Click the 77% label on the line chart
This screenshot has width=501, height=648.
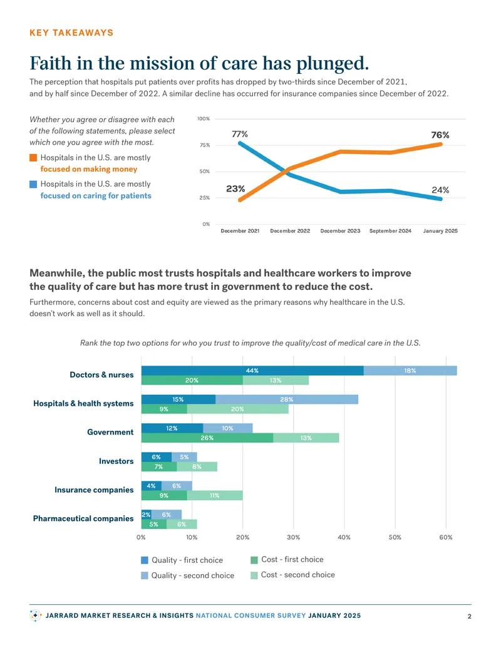[x=240, y=134]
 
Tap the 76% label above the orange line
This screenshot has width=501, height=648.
[x=440, y=135]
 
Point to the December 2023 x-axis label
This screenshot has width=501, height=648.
[x=340, y=231]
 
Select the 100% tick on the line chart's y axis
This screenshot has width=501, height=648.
[x=204, y=118]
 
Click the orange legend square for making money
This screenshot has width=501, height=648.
[x=33, y=157]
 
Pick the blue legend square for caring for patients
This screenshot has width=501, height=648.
[x=33, y=184]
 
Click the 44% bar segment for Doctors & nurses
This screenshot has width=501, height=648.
[x=252, y=371]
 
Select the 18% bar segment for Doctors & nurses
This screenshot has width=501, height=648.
[x=410, y=371]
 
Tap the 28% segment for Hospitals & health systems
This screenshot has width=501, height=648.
[x=286, y=399]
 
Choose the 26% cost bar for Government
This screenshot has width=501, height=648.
[x=207, y=438]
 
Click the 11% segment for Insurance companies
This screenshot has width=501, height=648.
[x=215, y=495]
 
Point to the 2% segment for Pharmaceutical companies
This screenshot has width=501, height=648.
[x=146, y=515]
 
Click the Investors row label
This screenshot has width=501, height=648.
[x=116, y=461]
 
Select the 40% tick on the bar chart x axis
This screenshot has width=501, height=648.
[x=344, y=537]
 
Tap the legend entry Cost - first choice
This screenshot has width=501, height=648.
[x=287, y=560]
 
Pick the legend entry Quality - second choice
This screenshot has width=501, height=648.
[x=188, y=575]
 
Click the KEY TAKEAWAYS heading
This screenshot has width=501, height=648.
[x=71, y=33]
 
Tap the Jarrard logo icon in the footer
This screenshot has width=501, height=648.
[x=36, y=615]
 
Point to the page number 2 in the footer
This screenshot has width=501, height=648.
[x=469, y=616]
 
